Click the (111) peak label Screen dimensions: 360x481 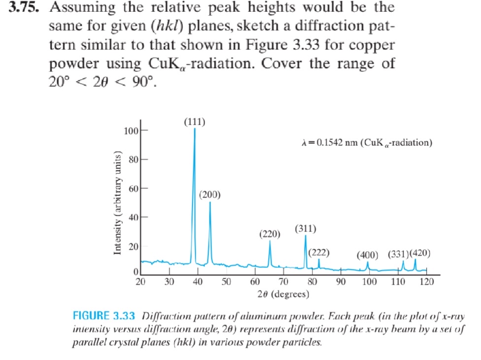tap(195, 122)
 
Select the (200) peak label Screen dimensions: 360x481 tap(210, 195)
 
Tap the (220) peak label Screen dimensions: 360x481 tap(270, 233)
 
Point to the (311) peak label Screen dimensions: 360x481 tap(306, 229)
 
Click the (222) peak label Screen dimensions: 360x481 tap(318, 253)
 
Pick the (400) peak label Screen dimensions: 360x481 tap(368, 255)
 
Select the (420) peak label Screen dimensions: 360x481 tap(420, 254)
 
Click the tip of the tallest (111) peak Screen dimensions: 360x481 tap(195, 129)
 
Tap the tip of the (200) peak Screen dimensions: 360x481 tap(210, 202)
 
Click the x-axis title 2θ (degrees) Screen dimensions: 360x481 tap(283, 295)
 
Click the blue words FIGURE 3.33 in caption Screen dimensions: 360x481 tap(104, 316)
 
